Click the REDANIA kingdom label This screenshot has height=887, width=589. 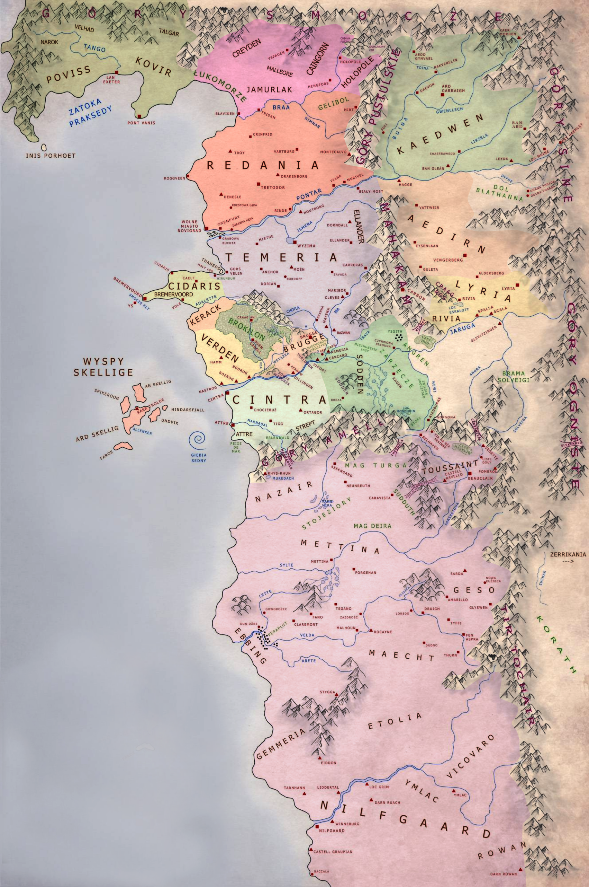pos(263,165)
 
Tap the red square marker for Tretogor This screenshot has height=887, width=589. pos(258,184)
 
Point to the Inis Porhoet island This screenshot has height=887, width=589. pos(44,148)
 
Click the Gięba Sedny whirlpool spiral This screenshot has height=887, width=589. pos(198,440)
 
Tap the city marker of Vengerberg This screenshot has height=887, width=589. pos(465,255)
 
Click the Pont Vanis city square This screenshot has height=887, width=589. pos(139,116)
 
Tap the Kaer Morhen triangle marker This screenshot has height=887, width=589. pos(519,38)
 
